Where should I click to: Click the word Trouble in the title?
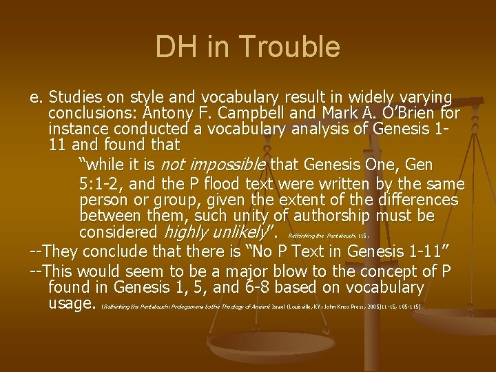pyautogui.click(x=300, y=47)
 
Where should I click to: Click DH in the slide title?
pyautogui.click(x=176, y=47)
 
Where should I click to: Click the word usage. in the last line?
pyautogui.click(x=72, y=304)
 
